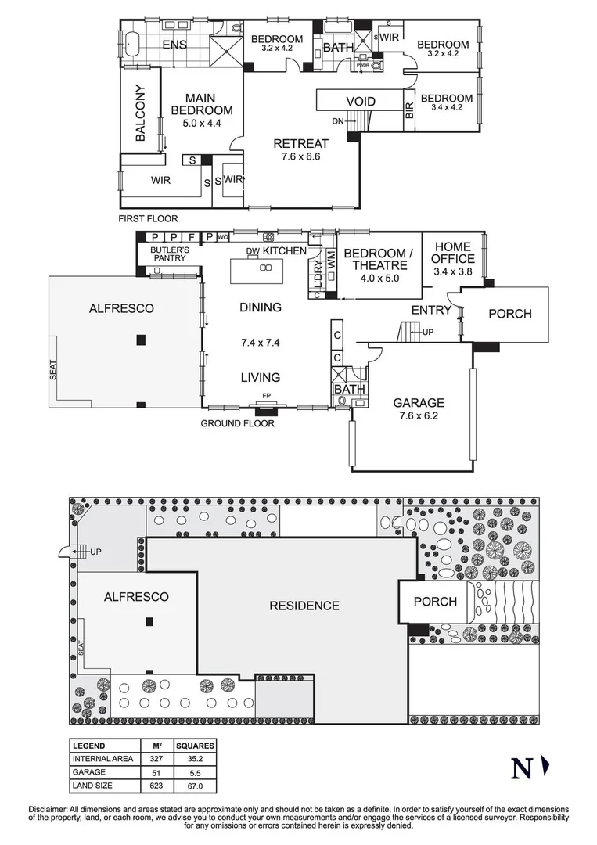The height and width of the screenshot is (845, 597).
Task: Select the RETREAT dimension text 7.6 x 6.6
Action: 300,156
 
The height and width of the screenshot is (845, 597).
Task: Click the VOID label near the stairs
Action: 361,102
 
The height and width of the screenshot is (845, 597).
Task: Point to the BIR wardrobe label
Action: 408,109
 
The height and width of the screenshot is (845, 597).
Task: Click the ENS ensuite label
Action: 174,45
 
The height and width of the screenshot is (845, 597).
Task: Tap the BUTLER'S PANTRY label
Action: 170,254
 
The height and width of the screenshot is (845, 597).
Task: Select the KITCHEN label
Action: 284,250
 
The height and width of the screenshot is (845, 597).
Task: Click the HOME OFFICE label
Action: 453,253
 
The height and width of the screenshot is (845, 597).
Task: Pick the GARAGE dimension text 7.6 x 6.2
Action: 418,416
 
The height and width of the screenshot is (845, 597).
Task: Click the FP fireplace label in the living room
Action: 265,395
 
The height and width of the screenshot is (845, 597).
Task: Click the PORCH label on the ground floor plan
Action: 509,314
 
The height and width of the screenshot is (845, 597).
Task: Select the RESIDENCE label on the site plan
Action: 304,606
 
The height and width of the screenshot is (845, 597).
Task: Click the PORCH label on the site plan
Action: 435,602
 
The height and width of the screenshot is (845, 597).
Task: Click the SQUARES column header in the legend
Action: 193,746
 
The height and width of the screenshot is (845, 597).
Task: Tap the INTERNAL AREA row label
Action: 102,759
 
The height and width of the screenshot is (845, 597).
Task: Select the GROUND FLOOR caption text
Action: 238,423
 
